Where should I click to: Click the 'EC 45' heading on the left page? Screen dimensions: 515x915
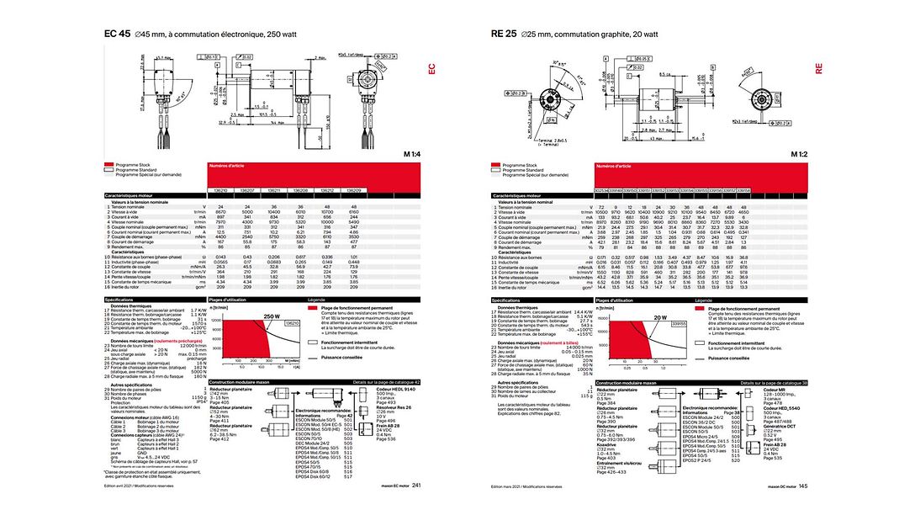[x=117, y=35]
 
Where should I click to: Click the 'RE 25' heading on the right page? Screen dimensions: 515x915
[x=503, y=35]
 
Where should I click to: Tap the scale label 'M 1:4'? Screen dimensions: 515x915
[x=412, y=155]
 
